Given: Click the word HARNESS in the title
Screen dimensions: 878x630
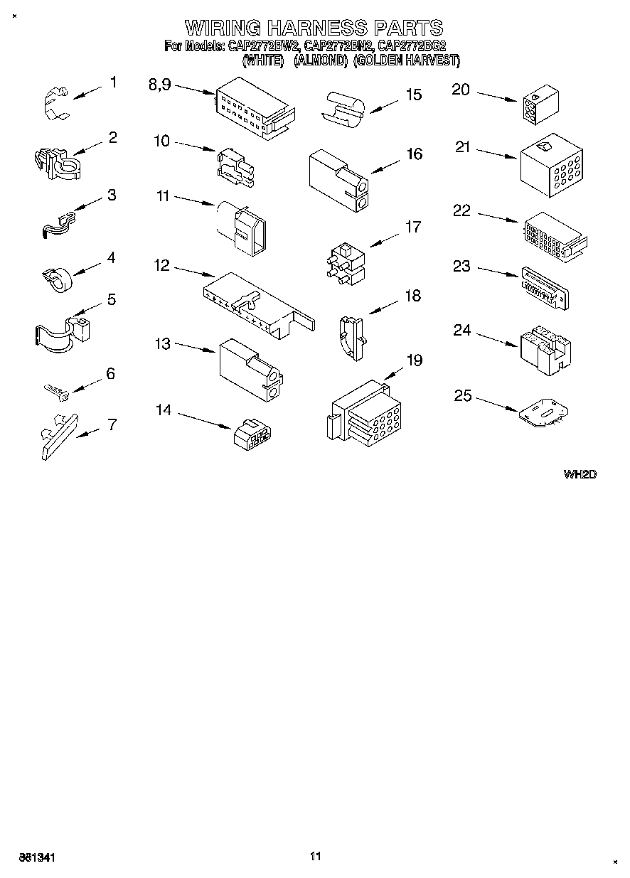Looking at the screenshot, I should pos(317,28).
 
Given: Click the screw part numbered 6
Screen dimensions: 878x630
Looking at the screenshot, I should pos(55,390).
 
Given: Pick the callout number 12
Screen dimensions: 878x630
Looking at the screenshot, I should pos(161,265).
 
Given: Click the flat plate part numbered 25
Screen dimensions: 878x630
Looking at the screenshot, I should pos(543,414).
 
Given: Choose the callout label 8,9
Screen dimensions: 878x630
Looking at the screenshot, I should pos(160,84).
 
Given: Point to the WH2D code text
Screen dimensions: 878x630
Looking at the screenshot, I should pos(580,474).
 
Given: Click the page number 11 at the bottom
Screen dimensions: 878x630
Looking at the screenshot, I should pos(316,856).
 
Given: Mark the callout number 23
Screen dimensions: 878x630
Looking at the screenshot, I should pos(461,266).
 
